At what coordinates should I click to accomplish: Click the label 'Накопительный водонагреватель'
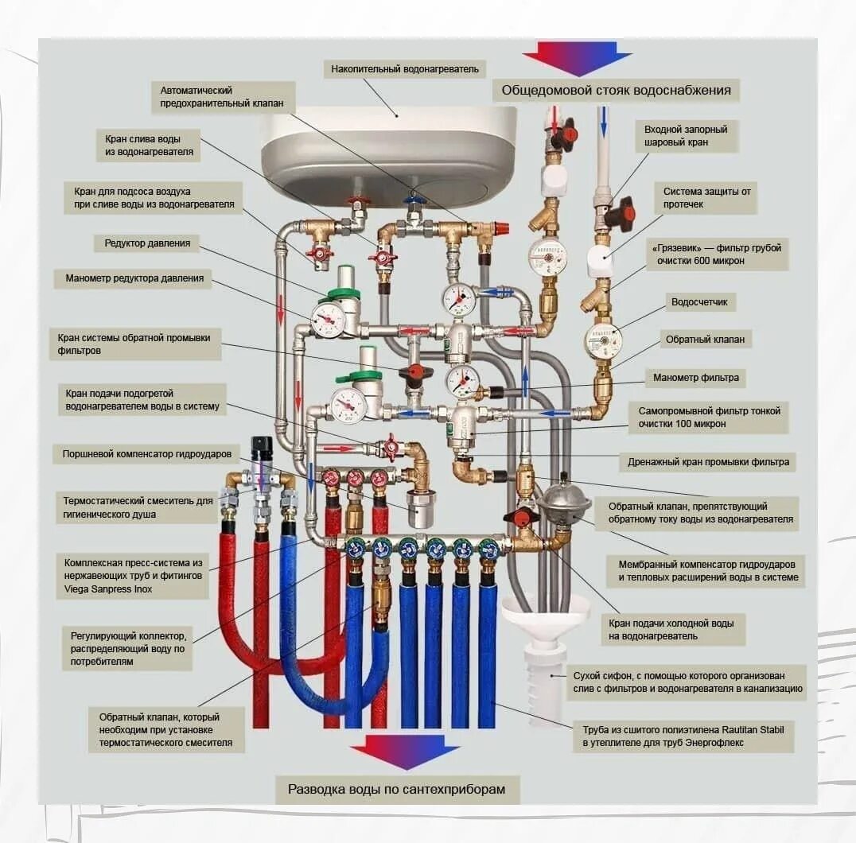click(x=405, y=69)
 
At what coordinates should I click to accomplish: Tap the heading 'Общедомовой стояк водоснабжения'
click(x=616, y=90)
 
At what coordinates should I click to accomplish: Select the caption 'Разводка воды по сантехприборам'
click(x=396, y=790)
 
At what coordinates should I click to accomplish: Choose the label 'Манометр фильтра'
click(x=696, y=378)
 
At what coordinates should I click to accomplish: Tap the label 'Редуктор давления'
click(x=147, y=243)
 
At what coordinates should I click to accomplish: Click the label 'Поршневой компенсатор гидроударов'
click(x=147, y=454)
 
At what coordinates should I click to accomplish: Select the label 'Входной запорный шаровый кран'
click(x=685, y=135)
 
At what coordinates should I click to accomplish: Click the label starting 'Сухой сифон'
click(x=687, y=682)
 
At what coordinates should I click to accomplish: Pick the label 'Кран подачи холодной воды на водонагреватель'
click(x=675, y=628)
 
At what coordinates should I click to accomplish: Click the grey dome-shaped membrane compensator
click(x=563, y=499)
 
